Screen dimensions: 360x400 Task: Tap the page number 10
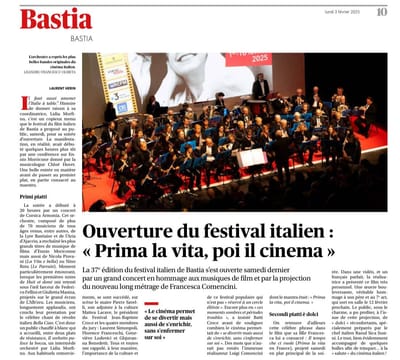click(381, 12)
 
